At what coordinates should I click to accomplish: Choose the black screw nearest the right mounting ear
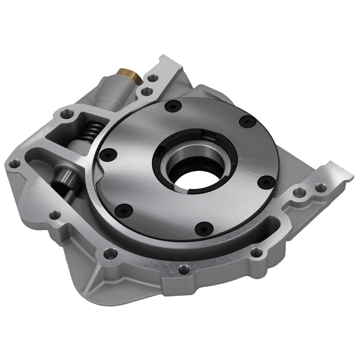coord(267,183)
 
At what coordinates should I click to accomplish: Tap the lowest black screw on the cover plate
coord(202,228)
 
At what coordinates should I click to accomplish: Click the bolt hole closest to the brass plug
coord(154,78)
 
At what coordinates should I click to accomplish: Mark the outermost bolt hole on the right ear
coord(320,187)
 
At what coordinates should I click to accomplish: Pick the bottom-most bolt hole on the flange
coord(184,268)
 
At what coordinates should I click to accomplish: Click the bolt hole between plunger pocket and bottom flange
coord(55,215)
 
